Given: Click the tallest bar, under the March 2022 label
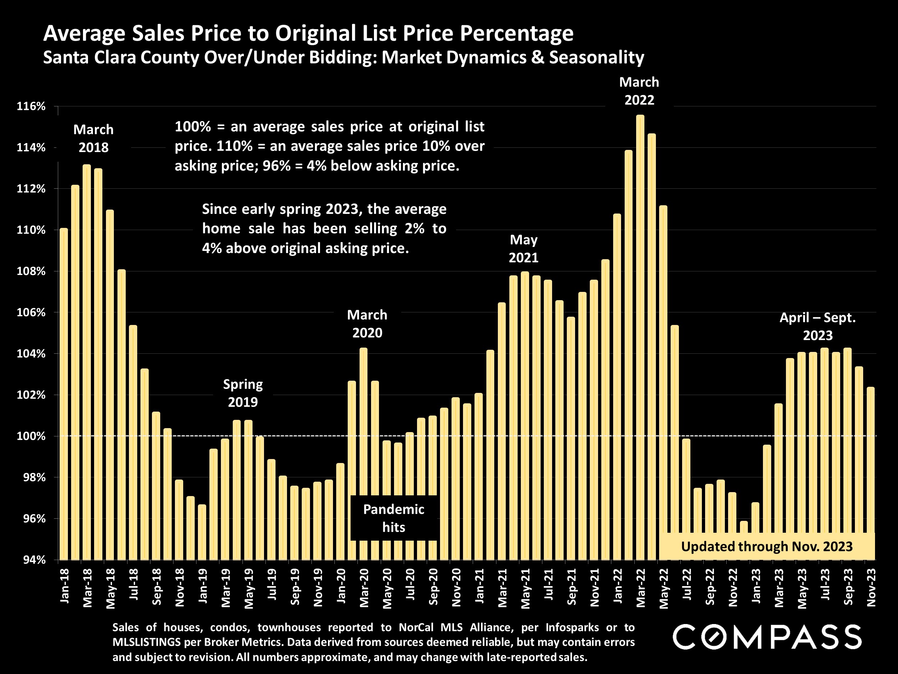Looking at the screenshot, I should (x=640, y=337).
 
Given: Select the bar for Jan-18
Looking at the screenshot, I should (x=64, y=394).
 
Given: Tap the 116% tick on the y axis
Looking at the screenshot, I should (x=31, y=106).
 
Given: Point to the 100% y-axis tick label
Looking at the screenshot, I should (x=31, y=436).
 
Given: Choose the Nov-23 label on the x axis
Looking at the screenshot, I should (x=871, y=587).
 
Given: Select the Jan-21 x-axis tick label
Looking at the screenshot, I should (x=480, y=587).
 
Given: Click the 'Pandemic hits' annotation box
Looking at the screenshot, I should (x=393, y=518).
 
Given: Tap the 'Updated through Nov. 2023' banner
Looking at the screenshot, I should (x=767, y=546).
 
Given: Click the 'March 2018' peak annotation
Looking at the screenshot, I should (x=93, y=138).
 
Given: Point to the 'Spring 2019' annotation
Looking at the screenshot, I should (x=243, y=393).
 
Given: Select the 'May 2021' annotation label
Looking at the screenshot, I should (x=523, y=248).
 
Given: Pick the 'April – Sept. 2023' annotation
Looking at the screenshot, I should (x=818, y=326).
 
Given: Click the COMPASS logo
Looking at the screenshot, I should (x=767, y=637).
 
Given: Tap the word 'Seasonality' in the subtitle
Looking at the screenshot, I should (x=596, y=57).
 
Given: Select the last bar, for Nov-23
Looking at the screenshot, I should (x=871, y=473).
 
